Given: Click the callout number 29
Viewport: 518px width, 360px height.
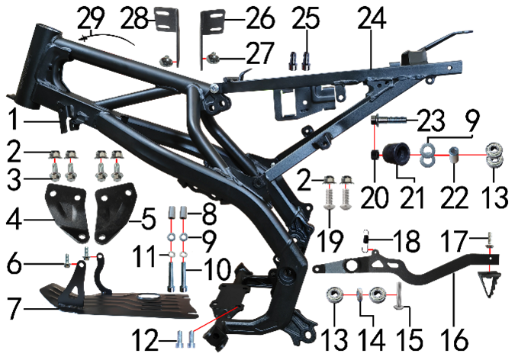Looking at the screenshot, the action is pos(91,18).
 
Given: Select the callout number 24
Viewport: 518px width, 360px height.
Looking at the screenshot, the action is pos(372,18).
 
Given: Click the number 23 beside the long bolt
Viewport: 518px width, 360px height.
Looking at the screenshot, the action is pos(430,121).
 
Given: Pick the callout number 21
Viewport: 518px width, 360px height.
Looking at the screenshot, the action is pos(412,198).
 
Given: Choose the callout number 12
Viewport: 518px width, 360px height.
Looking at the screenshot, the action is pos(146,340).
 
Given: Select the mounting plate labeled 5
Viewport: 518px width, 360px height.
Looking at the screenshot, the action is pos(116,212).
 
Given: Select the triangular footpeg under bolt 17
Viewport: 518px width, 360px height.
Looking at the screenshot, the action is pos(489,282).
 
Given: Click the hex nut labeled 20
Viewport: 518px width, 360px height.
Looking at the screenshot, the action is pos(375,155).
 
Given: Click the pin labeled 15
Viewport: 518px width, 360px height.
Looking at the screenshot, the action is pos(398,296).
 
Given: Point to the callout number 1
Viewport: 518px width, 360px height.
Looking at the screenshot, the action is pos(13,120).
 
